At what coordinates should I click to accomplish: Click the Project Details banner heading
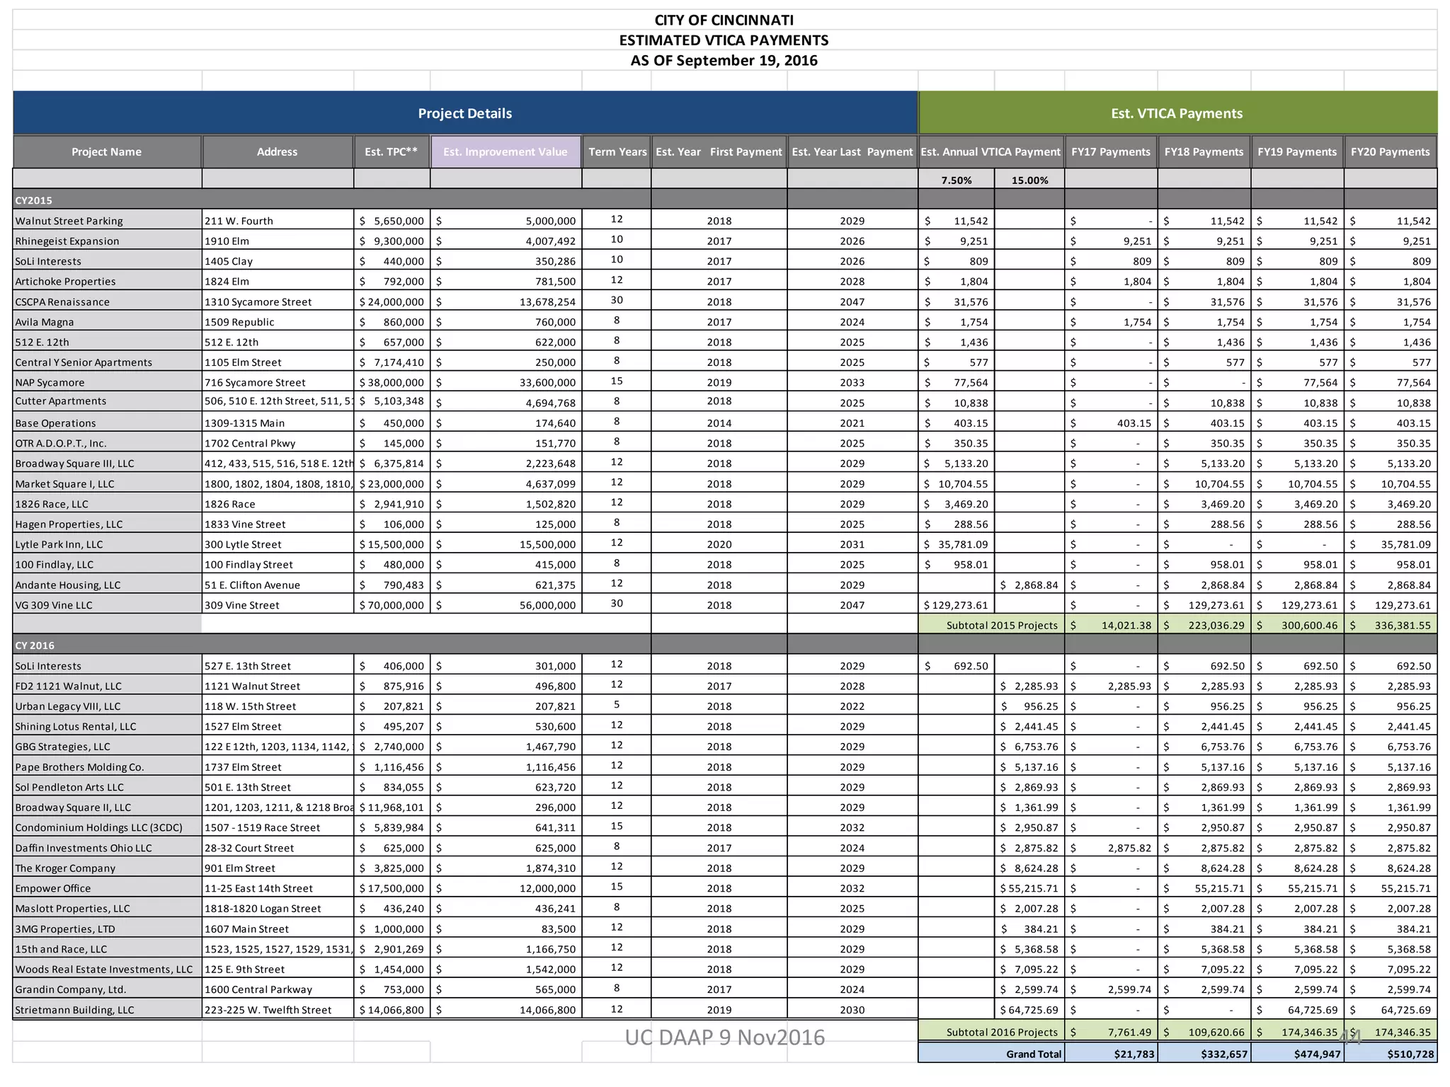click(464, 113)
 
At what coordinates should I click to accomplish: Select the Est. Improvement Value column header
click(505, 151)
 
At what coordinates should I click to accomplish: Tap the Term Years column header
click(617, 151)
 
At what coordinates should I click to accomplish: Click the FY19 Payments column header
click(1296, 151)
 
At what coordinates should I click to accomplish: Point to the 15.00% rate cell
click(1029, 180)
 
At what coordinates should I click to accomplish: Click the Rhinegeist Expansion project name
click(67, 241)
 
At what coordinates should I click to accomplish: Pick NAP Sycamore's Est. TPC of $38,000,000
click(392, 383)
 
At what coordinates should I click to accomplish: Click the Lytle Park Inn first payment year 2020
click(719, 545)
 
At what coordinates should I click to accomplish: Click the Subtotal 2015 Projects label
click(1001, 626)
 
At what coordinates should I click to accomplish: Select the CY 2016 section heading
click(35, 645)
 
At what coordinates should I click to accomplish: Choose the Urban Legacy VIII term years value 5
click(617, 705)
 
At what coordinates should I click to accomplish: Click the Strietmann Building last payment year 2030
click(852, 1011)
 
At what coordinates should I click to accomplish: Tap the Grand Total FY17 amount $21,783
click(1134, 1054)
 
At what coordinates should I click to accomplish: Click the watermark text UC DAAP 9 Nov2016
click(724, 1037)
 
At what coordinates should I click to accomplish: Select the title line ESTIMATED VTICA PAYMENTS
click(724, 40)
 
